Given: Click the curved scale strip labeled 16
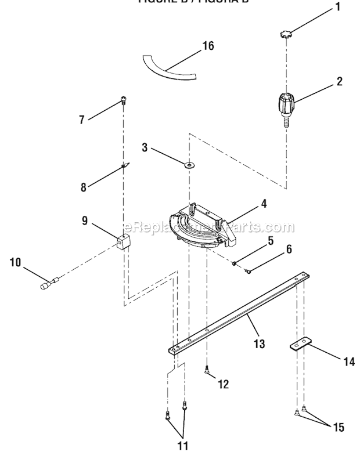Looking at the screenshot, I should pos(168,67).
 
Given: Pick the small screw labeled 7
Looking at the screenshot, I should pos(124,101).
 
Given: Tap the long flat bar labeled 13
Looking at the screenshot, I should pos(238,313).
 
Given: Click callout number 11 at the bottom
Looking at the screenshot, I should pos(182,446).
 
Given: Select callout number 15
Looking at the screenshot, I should pos(338,428).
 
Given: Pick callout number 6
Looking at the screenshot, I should pos(289,250).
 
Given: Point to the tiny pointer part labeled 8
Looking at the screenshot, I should pos(124,165).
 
